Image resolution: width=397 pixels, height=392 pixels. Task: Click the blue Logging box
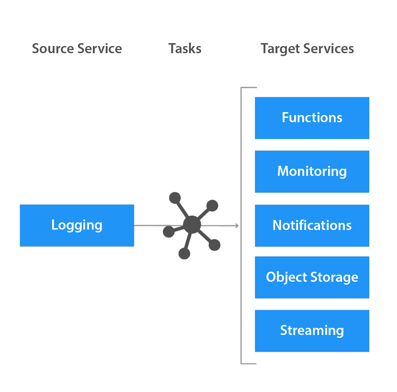pos(77,225)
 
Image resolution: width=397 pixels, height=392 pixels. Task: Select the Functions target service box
pos(312,118)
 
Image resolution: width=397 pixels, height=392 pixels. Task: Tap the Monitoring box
pos(312,172)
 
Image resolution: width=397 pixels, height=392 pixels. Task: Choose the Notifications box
pos(312,225)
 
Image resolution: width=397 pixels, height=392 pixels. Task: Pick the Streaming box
pos(312,331)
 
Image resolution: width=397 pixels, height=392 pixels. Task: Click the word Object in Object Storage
pos(285,277)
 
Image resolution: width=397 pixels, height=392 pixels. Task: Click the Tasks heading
pos(185,49)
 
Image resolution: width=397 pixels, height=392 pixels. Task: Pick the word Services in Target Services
pos(330,49)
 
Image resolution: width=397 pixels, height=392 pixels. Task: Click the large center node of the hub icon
pos(192,225)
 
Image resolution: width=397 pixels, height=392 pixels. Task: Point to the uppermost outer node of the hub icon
pos(175,197)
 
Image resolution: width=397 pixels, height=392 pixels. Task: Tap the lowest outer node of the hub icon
pos(184,253)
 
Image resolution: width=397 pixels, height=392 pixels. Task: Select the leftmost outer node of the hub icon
pos(168,232)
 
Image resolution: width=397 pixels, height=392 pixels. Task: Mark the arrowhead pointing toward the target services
pos(237,225)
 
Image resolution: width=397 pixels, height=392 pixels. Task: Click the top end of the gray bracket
pos(249,88)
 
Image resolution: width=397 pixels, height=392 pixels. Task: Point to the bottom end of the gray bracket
pos(249,363)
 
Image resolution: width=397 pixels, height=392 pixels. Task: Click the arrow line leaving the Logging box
pos(148,225)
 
